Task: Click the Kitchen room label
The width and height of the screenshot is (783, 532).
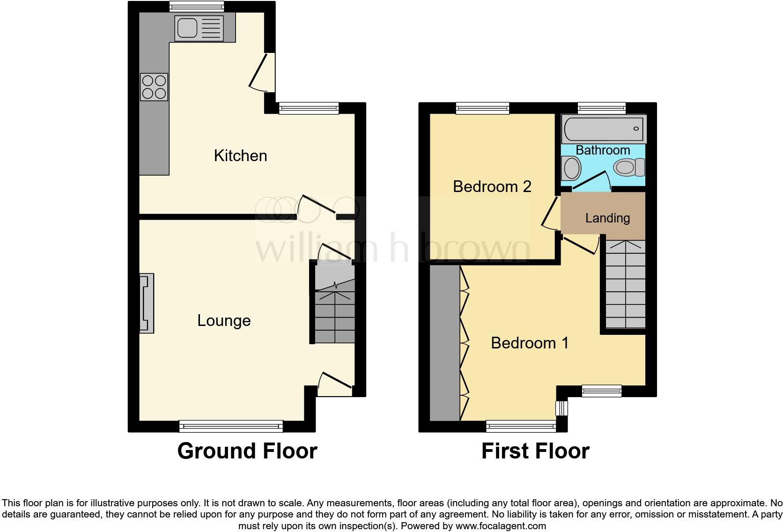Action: pyautogui.click(x=240, y=155)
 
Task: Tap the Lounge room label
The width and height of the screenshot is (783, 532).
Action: pyautogui.click(x=224, y=320)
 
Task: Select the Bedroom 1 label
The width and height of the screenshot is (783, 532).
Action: pyautogui.click(x=530, y=343)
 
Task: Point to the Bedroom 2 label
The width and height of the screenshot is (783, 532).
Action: pyautogui.click(x=492, y=186)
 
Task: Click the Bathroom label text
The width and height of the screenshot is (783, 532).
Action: pyautogui.click(x=603, y=150)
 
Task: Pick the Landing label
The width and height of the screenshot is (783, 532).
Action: pyautogui.click(x=607, y=218)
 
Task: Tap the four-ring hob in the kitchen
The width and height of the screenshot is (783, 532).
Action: pyautogui.click(x=154, y=87)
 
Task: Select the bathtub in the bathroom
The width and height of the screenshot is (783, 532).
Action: pyautogui.click(x=604, y=128)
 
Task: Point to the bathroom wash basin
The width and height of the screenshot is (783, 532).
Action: pyautogui.click(x=571, y=168)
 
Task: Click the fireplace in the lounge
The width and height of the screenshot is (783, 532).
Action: pyautogui.click(x=147, y=303)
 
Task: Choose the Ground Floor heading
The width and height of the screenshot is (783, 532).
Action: pyautogui.click(x=247, y=451)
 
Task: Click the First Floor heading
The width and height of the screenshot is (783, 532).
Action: pyautogui.click(x=535, y=451)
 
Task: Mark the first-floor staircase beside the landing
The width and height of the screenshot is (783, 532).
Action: pyautogui.click(x=626, y=284)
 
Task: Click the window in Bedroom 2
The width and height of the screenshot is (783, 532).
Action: pyautogui.click(x=483, y=108)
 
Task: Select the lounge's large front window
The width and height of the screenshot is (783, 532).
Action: pyautogui.click(x=231, y=426)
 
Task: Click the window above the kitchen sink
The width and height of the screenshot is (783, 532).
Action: pyautogui.click(x=197, y=6)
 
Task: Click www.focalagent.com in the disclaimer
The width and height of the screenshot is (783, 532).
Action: pyautogui.click(x=501, y=526)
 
